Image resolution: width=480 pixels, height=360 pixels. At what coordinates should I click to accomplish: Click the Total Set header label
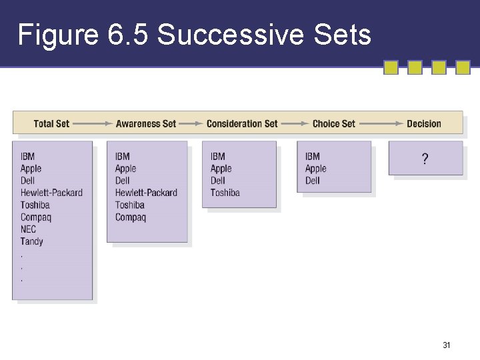click(x=51, y=123)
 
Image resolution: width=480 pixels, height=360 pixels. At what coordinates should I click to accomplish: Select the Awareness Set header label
click(x=146, y=123)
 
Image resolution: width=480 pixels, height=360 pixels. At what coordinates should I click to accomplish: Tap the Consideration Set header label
click(x=242, y=123)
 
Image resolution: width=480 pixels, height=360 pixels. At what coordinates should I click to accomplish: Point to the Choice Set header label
click(x=334, y=123)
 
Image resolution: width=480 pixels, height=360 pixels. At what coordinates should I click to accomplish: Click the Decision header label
click(x=424, y=123)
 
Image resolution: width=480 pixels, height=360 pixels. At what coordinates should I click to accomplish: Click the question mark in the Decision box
click(x=425, y=159)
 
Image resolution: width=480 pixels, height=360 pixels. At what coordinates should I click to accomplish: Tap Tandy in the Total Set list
click(x=31, y=241)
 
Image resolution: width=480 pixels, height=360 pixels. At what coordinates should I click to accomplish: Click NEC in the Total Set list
click(x=28, y=229)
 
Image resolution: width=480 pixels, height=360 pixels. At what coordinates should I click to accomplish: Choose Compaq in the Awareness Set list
click(x=130, y=217)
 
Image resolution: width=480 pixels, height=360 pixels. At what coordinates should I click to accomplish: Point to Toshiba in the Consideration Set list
click(x=225, y=193)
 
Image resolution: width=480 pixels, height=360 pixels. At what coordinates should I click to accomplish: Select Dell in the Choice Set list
click(x=313, y=181)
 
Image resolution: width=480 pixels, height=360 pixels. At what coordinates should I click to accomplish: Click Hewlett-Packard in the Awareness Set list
click(x=146, y=193)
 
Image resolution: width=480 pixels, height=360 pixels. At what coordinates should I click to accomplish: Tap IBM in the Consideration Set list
click(x=218, y=157)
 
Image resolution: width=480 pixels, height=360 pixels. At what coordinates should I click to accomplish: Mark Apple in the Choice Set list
click(x=316, y=169)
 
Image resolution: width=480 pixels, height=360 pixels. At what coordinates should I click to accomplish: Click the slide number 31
click(x=447, y=345)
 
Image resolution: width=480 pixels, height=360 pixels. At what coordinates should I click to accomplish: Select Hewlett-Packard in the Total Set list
click(x=51, y=193)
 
